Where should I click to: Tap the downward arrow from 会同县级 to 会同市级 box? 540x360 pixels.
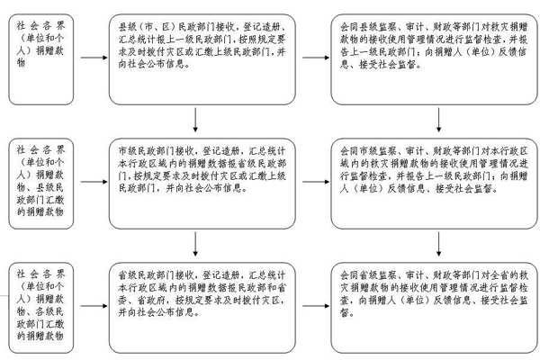click(436, 119)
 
